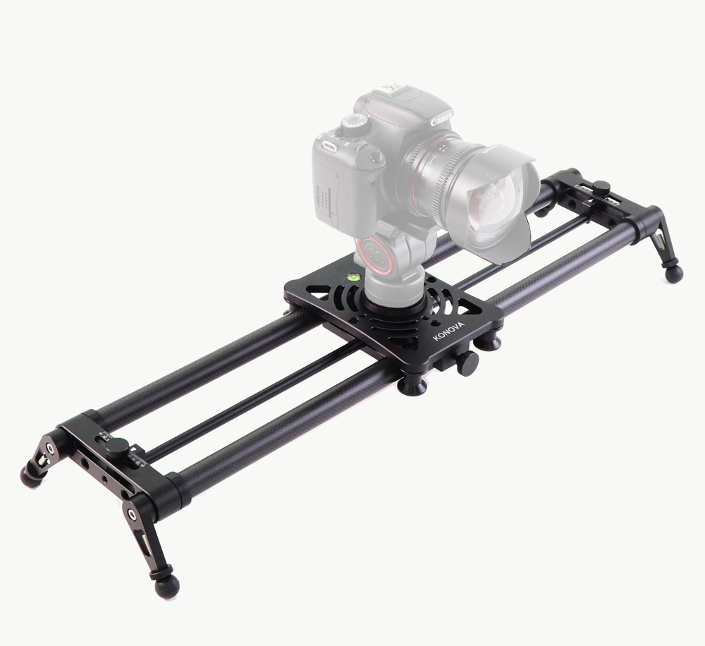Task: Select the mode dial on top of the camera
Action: (353, 123)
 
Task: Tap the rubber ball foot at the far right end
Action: (673, 274)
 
